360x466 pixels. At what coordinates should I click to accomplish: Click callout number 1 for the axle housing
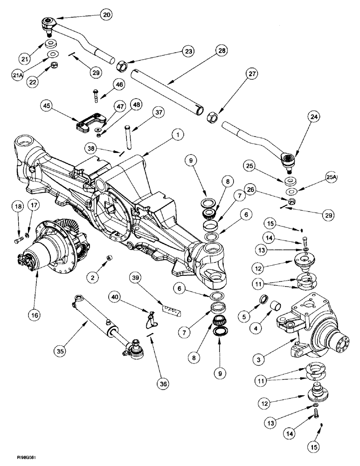pos(177,135)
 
